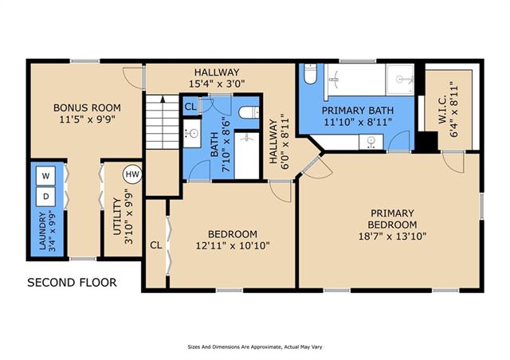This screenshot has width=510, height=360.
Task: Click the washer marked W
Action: [45, 175]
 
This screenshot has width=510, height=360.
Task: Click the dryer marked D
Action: [45, 197]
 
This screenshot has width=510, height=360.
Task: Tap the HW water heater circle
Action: [132, 174]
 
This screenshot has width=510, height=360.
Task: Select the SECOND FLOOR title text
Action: [72, 282]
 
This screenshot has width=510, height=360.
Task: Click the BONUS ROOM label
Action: [87, 108]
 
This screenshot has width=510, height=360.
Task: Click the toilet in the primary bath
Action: [311, 74]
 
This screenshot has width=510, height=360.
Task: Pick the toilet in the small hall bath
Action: [249, 112]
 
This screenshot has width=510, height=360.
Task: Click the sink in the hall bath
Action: [192, 133]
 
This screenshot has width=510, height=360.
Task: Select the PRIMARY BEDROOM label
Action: [392, 219]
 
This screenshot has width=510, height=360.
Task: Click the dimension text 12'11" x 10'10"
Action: [233, 245]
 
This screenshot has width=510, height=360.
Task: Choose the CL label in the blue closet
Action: [190, 107]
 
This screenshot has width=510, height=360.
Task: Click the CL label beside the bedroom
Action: [156, 245]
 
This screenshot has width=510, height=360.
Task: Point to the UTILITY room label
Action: [117, 217]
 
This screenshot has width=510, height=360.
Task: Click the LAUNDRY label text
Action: [42, 231]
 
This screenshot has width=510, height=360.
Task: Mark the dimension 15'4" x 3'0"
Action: [217, 84]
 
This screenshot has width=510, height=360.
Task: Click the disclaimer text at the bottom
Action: [255, 347]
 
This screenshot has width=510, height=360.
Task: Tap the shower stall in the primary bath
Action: [400, 79]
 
